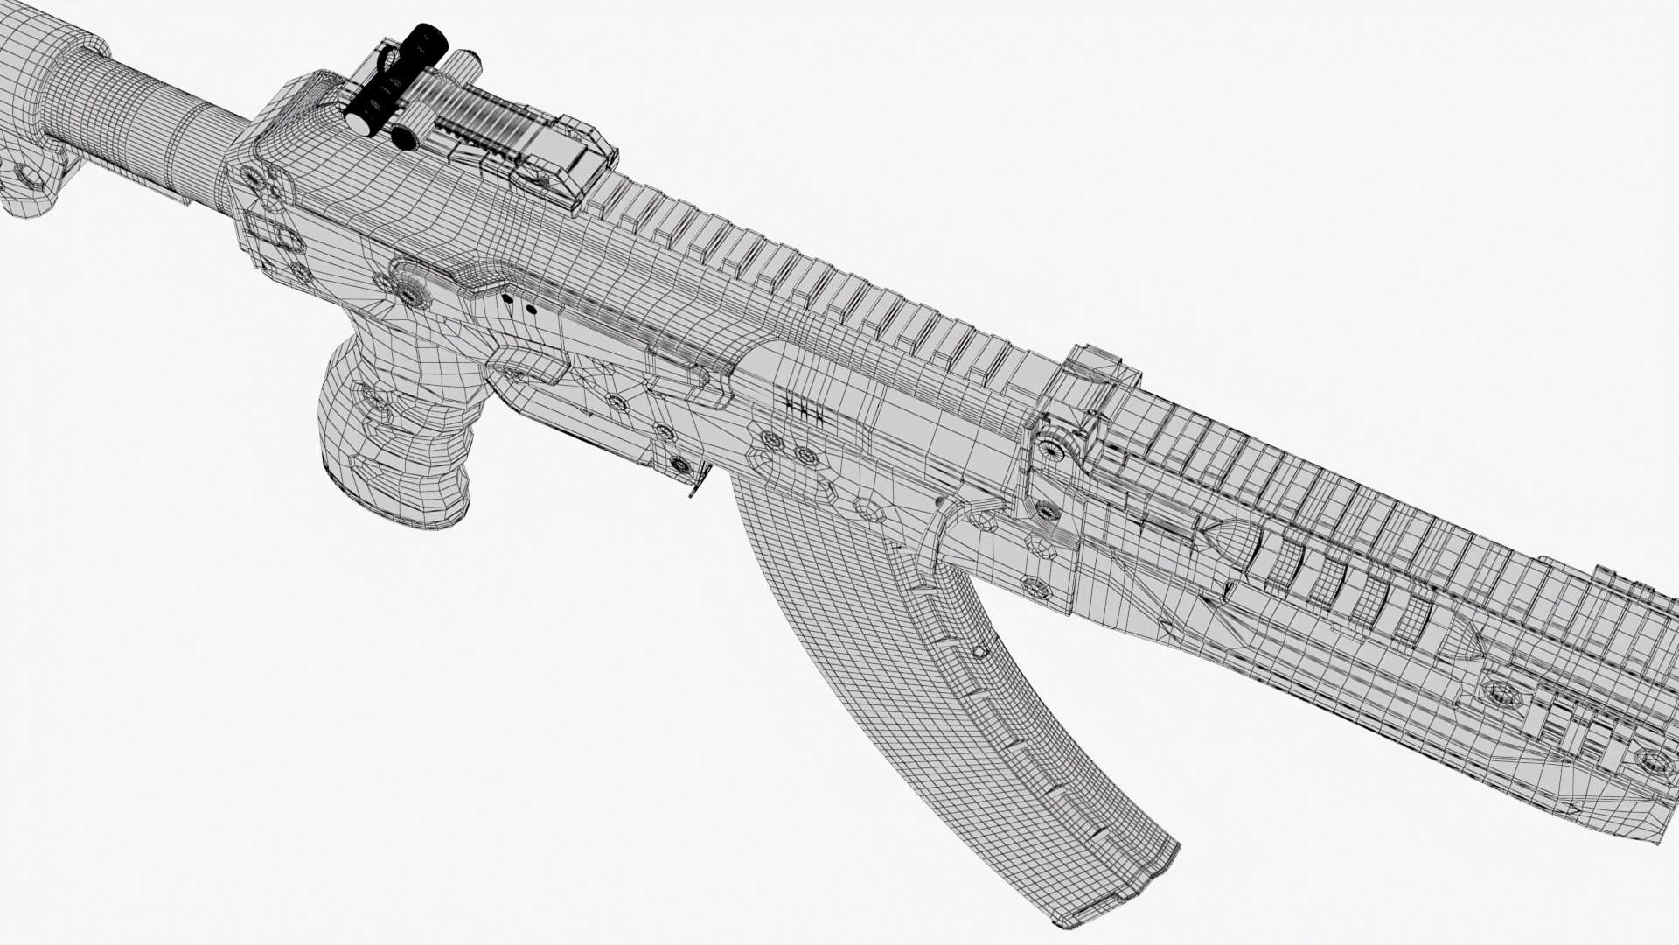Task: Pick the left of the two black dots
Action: click(x=506, y=298)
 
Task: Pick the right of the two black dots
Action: click(x=530, y=308)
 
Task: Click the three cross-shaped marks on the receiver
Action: click(x=805, y=411)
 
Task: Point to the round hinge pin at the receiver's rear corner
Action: click(x=254, y=180)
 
